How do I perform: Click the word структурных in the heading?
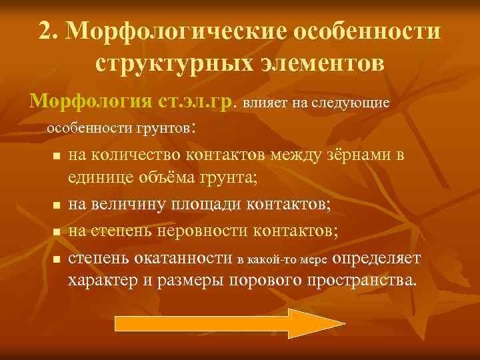(x=167, y=63)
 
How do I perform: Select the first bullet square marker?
(x=56, y=157)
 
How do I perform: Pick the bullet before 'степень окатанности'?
(x=56, y=257)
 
